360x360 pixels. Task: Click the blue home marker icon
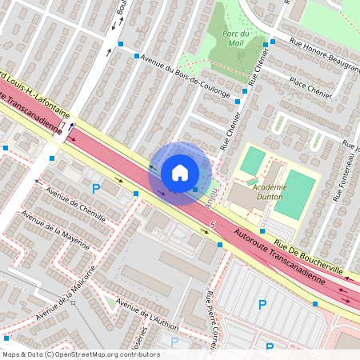click(180, 172)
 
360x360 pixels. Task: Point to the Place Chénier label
click(311, 87)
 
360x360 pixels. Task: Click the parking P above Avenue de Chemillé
click(96, 189)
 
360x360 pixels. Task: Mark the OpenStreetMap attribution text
click(80, 354)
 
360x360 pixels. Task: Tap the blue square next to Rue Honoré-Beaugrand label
click(273, 41)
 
